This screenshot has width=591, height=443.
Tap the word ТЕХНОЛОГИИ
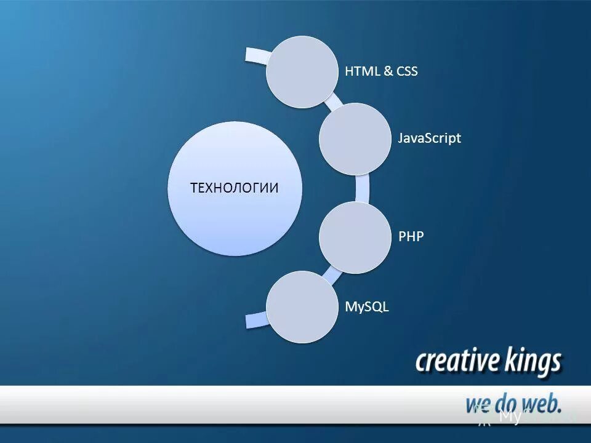pyautogui.click(x=235, y=188)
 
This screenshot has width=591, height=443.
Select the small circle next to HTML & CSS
pyautogui.click(x=302, y=72)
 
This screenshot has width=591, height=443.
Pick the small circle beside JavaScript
pyautogui.click(x=355, y=138)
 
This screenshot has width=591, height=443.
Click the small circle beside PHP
pyautogui.click(x=355, y=237)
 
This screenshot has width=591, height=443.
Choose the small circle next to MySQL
pyautogui.click(x=302, y=306)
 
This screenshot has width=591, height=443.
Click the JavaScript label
pyautogui.click(x=429, y=138)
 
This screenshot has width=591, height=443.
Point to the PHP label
pyautogui.click(x=411, y=236)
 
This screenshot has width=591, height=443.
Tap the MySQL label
pyautogui.click(x=367, y=306)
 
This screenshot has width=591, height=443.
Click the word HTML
pyautogui.click(x=361, y=71)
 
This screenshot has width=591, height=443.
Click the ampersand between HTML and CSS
pyautogui.click(x=388, y=71)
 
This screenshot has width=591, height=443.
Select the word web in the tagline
pyautogui.click(x=542, y=403)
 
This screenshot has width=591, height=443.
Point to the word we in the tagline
pyautogui.click(x=478, y=404)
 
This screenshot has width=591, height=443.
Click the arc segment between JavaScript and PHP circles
pyautogui.click(x=363, y=188)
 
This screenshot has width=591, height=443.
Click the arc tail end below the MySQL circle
pyautogui.click(x=254, y=321)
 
